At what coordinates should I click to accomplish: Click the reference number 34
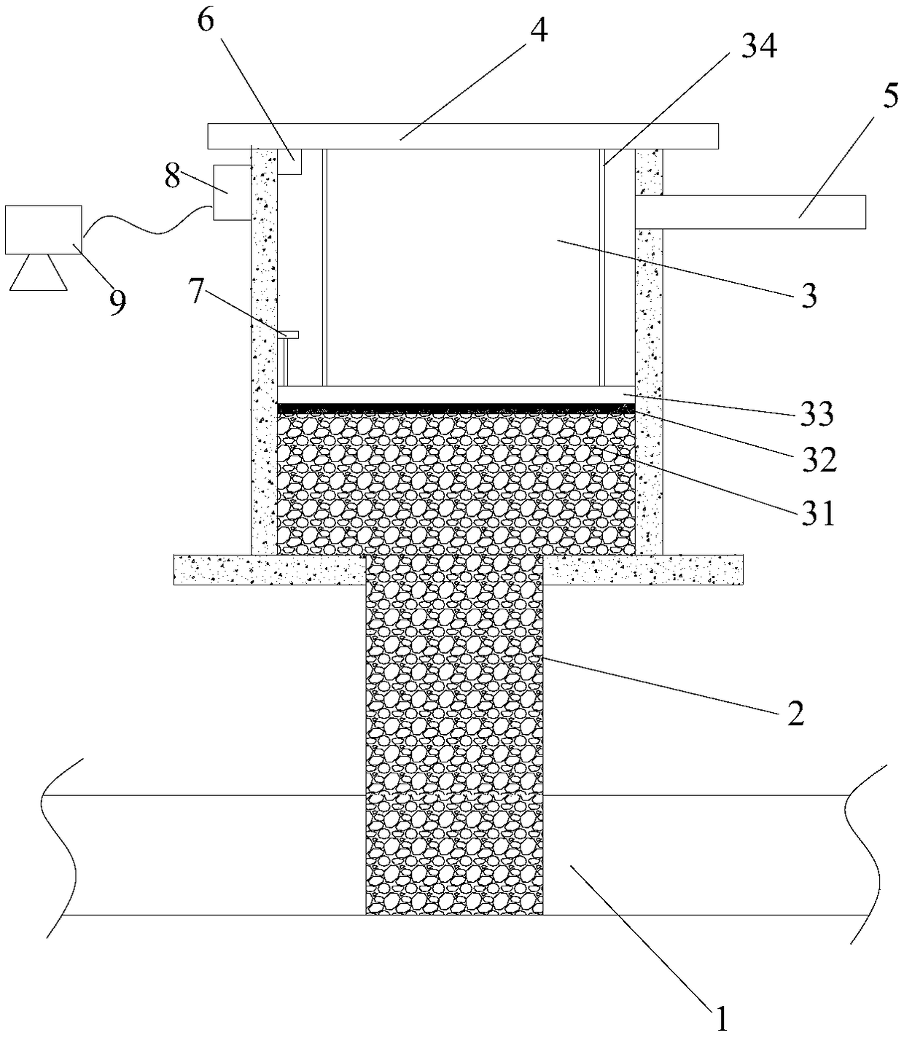pyautogui.click(x=759, y=47)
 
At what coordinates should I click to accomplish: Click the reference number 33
pyautogui.click(x=817, y=413)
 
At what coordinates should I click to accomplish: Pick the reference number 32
pyautogui.click(x=819, y=460)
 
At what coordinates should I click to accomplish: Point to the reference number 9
pyautogui.click(x=117, y=303)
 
